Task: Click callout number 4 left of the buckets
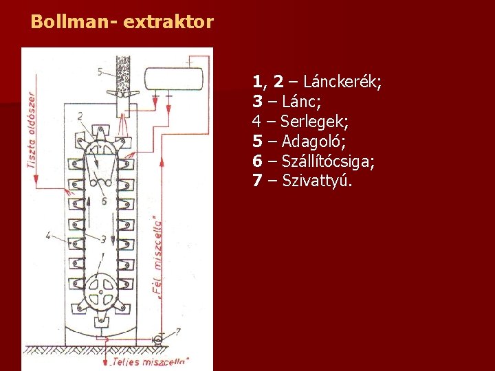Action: point(48,235)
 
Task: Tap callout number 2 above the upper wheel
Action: point(81,115)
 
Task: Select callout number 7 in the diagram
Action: point(177,333)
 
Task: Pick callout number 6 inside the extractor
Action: point(103,201)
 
